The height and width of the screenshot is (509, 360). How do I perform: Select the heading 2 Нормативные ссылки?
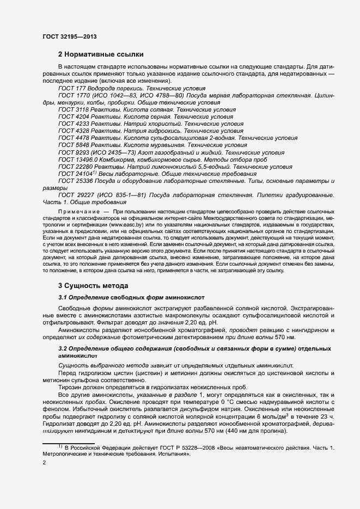pos(101,54)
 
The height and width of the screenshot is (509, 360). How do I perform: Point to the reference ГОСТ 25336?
pos(74,181)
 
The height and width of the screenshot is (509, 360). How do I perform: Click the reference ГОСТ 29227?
pos(74,195)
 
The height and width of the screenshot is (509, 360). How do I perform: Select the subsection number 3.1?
pos(63,298)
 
